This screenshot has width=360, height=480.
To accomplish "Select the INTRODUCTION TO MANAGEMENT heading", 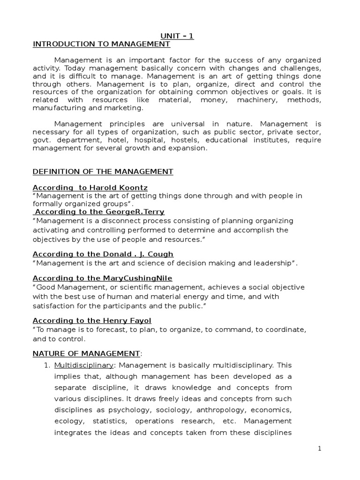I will (x=101, y=45).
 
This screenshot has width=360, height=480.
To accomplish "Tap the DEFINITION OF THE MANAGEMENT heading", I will (x=103, y=172).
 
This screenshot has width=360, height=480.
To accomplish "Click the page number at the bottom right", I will (x=320, y=449).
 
